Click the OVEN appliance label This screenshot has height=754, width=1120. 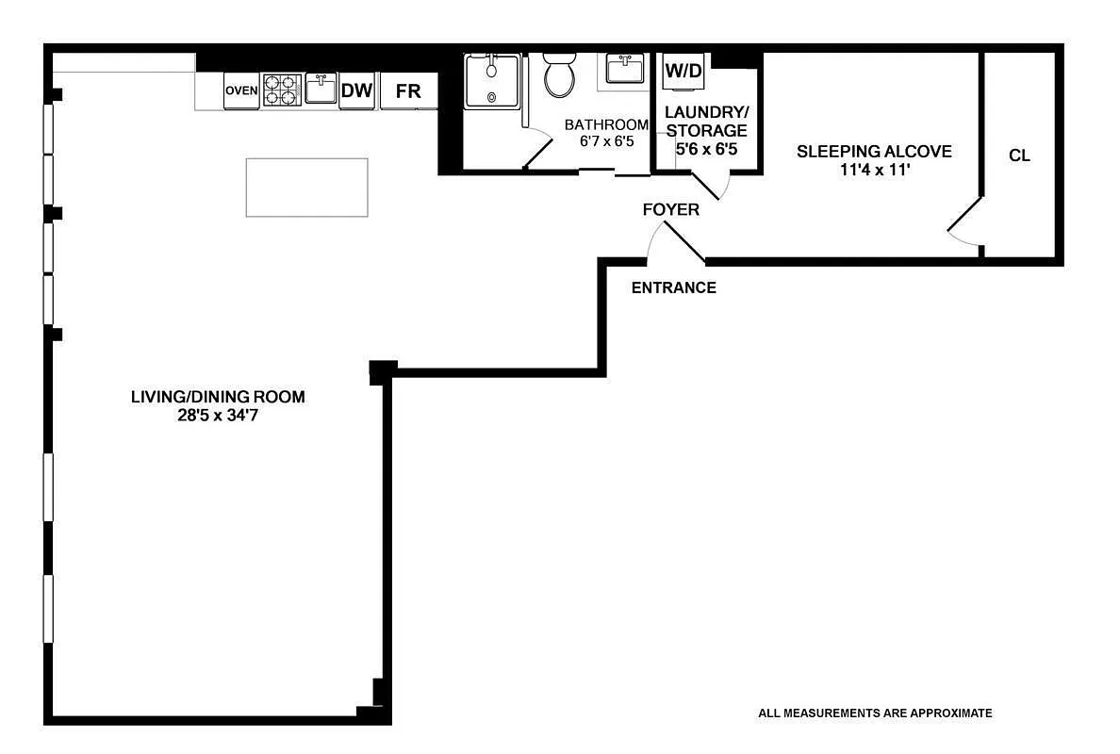pos(241,90)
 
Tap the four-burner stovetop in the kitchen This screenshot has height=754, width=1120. pos(280,90)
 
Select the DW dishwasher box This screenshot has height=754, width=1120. pos(356,91)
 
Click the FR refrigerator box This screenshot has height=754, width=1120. pos(408,91)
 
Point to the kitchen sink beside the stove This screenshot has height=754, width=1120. pos(321,89)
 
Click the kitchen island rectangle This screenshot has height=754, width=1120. pos(306,188)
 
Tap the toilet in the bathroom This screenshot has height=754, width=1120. pos(559,74)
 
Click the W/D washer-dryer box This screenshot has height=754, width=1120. pos(684,71)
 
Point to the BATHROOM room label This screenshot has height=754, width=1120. pos(606,124)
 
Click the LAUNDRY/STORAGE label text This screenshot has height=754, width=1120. pos(706,121)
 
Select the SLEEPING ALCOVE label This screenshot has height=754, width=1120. pos(874,151)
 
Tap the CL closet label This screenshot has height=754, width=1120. pos(1019,156)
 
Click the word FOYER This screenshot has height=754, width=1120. pos(670,209)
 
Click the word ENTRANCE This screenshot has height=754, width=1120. pos(673,287)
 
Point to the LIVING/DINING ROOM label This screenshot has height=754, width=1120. pos(218,397)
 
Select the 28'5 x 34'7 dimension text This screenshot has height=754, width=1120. pos(218,415)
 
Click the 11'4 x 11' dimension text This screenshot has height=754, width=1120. pos(874,171)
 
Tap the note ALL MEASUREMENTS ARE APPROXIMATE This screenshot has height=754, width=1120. pos(875,713)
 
